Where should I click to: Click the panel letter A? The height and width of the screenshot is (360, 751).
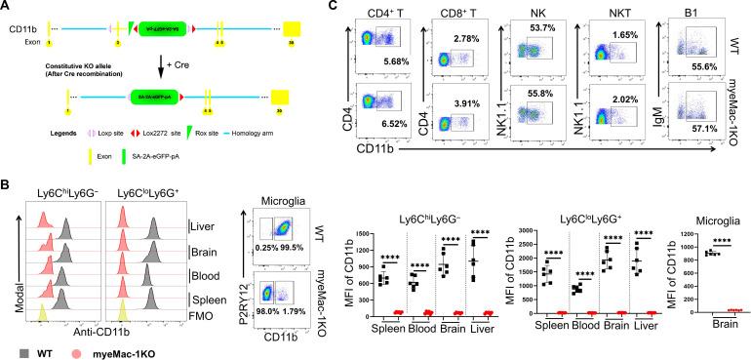(7, 8)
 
